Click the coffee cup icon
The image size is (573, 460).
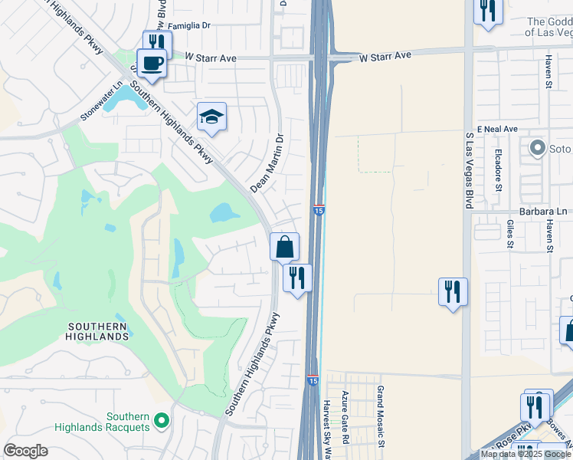tap(151, 63)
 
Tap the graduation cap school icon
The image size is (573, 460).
tap(211, 117)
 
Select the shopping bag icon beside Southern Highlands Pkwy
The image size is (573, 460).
tap(284, 248)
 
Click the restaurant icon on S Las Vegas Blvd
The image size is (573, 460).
tap(453, 292)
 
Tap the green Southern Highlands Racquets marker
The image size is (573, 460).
tap(161, 420)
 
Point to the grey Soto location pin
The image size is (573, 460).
tap(537, 146)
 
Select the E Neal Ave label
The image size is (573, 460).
tap(497, 129)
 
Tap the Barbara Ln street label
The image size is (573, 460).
tap(540, 212)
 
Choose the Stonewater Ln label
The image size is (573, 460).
tap(102, 102)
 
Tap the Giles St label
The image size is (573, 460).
tap(510, 235)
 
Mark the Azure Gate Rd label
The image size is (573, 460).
tap(345, 418)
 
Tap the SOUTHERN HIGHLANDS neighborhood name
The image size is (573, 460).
tap(97, 331)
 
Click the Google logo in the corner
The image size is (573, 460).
tap(25, 450)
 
